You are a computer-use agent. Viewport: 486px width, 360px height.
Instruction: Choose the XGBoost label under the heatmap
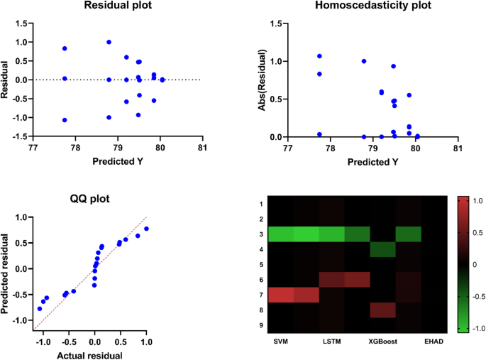coord(382,342)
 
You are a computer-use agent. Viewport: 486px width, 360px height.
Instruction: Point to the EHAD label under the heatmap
coord(433,342)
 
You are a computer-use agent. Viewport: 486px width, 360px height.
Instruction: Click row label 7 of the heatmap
coord(261,294)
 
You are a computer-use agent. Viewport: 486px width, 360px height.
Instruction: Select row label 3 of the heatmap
coord(261,234)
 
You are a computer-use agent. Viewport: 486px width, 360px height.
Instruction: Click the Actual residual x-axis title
coord(95,355)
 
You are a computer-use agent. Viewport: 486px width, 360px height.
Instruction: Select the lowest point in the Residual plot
coord(65,120)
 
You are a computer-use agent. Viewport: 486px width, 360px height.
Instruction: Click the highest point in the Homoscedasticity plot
coord(319,56)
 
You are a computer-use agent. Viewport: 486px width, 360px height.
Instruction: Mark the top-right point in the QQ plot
coord(146,229)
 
